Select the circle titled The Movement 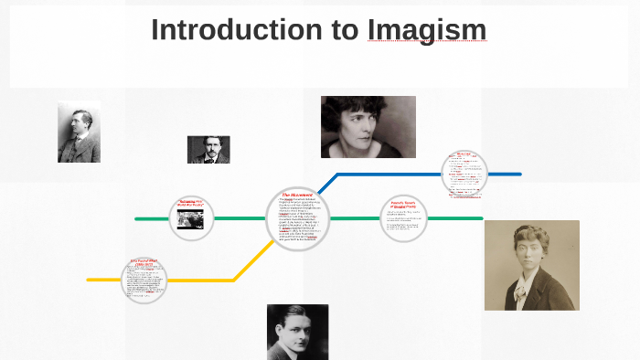pyautogui.click(x=298, y=218)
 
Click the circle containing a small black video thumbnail pyautogui.click(x=191, y=218)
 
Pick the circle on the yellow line pyautogui.click(x=144, y=281)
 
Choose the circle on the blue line pyautogui.click(x=464, y=173)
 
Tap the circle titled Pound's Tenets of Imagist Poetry pyautogui.click(x=403, y=218)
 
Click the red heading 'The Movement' pyautogui.click(x=297, y=196)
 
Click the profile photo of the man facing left pyautogui.click(x=79, y=132)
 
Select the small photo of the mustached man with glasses pyautogui.click(x=208, y=149)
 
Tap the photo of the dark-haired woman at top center pyautogui.click(x=368, y=126)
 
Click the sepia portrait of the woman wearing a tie pyautogui.click(x=518, y=265)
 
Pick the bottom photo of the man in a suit pyautogui.click(x=297, y=332)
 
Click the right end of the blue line pyautogui.click(x=518, y=174)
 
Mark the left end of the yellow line pyautogui.click(x=90, y=280)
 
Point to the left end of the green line pyautogui.click(x=137, y=219)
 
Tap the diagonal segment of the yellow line pyautogui.click(x=253, y=261)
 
